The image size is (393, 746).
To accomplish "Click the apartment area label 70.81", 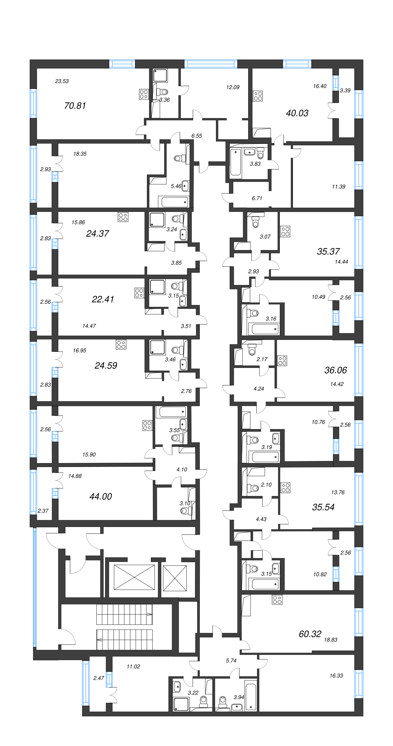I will point(75,106).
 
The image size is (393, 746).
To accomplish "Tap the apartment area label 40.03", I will point(297,113).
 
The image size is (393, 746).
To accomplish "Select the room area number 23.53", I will point(62,81).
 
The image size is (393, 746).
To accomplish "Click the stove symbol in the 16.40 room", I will point(258,96).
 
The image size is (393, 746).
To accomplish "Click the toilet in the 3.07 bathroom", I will point(255,222).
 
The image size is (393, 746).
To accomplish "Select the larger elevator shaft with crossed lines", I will point(134,577).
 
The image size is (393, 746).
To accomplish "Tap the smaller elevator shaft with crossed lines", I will point(175,578).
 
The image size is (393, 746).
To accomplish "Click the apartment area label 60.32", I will point(310,634).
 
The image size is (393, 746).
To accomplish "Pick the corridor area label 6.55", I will point(196,136).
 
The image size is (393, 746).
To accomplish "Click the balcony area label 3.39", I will point(345,90).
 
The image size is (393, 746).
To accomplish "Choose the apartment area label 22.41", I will point(103,299).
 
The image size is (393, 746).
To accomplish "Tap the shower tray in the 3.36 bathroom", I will point(160,75).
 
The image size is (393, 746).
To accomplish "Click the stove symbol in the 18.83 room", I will point(277,600).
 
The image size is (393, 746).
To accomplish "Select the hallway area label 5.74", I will point(231,661).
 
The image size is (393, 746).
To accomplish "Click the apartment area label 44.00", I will point(101,496).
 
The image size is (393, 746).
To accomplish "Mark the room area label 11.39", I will point(338,187).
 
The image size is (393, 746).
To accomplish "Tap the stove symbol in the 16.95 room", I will point(121,345).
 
